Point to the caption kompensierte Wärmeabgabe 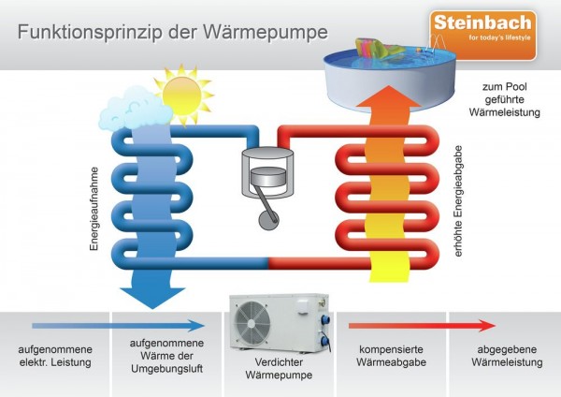[x=392, y=356]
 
